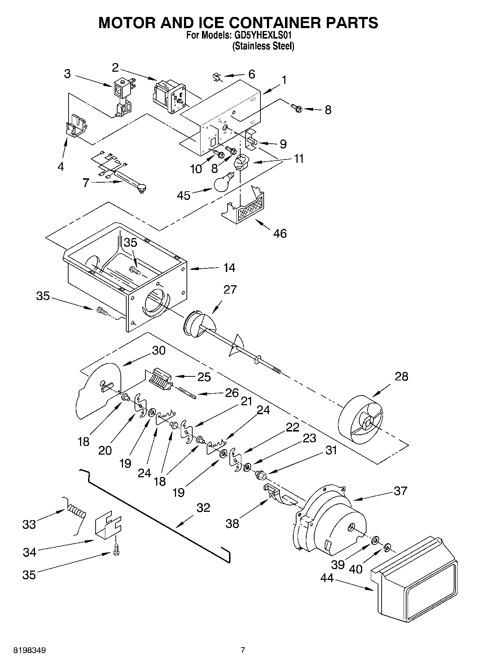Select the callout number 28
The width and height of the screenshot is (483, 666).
pyautogui.click(x=401, y=376)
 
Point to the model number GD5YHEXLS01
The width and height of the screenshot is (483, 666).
pyautogui.click(x=262, y=35)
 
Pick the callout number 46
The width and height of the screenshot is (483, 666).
pyautogui.click(x=280, y=233)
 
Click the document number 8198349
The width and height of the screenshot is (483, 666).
pyautogui.click(x=29, y=651)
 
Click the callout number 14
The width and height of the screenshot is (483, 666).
pyautogui.click(x=229, y=268)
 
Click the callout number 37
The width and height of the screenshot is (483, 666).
pyautogui.click(x=400, y=491)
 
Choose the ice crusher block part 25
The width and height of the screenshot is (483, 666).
pyautogui.click(x=159, y=380)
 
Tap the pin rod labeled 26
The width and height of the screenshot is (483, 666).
pyautogui.click(x=186, y=393)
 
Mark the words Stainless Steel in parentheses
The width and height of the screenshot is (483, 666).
pyautogui.click(x=263, y=46)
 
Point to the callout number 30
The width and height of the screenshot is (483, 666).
pyautogui.click(x=159, y=350)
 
